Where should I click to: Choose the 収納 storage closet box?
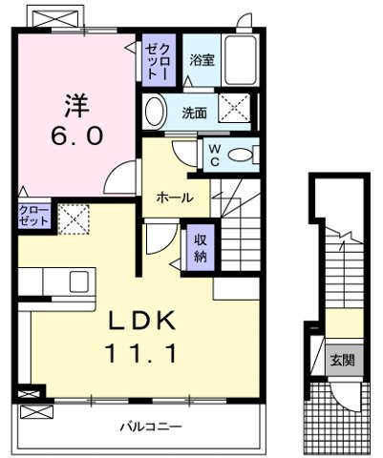pyautogui.click(x=200, y=248)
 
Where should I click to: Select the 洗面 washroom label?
pyautogui.click(x=195, y=112)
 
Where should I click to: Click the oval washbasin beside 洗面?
pyautogui.click(x=155, y=113)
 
